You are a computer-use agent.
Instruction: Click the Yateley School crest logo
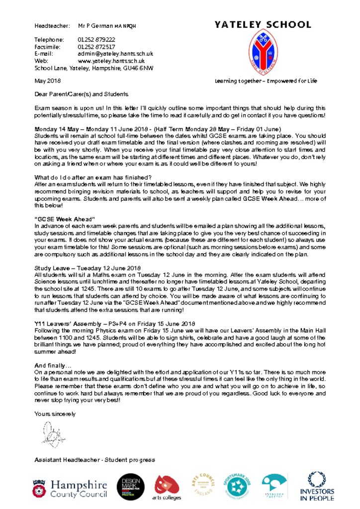[263, 52]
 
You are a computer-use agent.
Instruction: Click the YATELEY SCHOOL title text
[263, 24]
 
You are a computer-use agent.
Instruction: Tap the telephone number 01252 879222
[96, 40]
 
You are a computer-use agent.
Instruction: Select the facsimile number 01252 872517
[96, 47]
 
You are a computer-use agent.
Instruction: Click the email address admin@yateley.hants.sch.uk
[115, 54]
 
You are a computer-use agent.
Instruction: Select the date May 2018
[47, 81]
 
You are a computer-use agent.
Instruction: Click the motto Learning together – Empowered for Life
[266, 81]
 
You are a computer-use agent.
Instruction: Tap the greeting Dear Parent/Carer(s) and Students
[81, 94]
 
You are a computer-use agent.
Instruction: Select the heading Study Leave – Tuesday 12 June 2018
[88, 268]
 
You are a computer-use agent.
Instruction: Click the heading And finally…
[52, 365]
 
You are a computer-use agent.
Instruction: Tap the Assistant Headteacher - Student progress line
[94, 460]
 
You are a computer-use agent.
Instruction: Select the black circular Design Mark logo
[131, 487]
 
